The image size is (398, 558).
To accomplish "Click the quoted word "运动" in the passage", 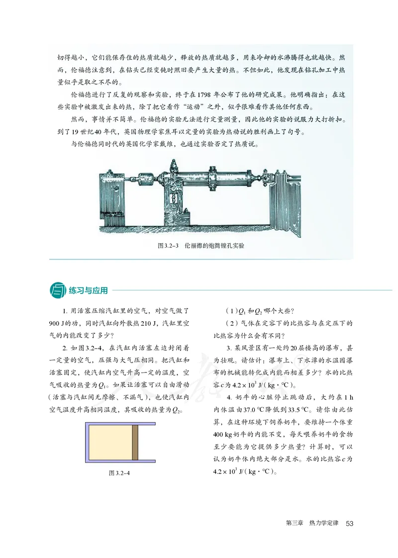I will pos(208,107).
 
